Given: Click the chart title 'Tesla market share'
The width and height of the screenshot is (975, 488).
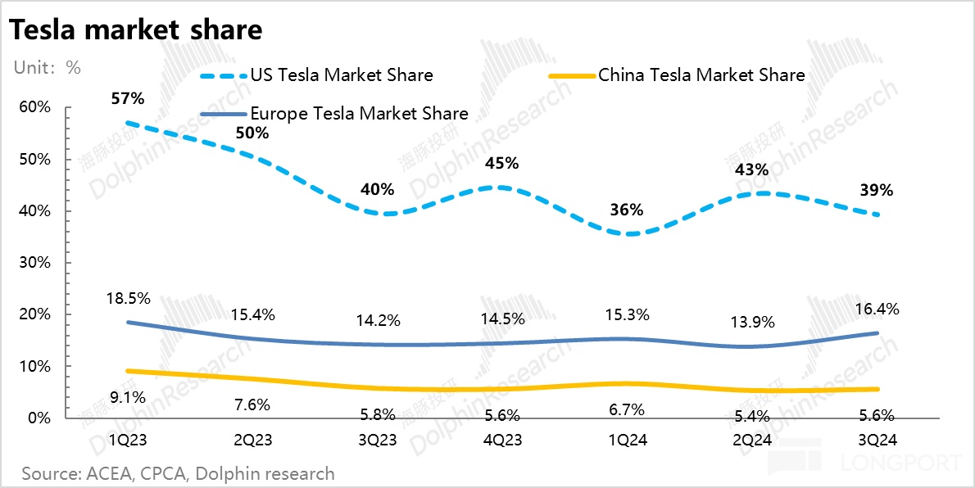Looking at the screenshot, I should pyautogui.click(x=135, y=30).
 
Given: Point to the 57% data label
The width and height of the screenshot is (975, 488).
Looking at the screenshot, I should pyautogui.click(x=128, y=99).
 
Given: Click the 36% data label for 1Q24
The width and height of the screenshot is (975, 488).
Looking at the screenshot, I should pyautogui.click(x=627, y=210).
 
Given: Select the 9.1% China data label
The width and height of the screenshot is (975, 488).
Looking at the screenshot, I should pyautogui.click(x=128, y=398).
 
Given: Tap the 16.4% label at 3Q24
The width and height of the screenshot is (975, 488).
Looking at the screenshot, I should pyautogui.click(x=877, y=310).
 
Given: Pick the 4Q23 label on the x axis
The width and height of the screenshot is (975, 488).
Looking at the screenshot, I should pyautogui.click(x=501, y=441).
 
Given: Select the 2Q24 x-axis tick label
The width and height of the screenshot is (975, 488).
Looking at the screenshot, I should pyautogui.click(x=751, y=441).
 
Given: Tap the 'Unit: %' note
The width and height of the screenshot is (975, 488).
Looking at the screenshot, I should pyautogui.click(x=47, y=67).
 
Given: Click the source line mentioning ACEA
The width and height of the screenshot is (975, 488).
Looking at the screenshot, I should pyautogui.click(x=178, y=473).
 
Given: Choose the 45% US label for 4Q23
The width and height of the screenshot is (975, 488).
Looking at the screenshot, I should pyautogui.click(x=501, y=163).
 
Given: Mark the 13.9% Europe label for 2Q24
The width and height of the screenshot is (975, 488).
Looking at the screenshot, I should pyautogui.click(x=751, y=322).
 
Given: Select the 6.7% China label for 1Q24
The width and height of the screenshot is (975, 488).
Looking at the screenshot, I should pyautogui.click(x=627, y=409).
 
